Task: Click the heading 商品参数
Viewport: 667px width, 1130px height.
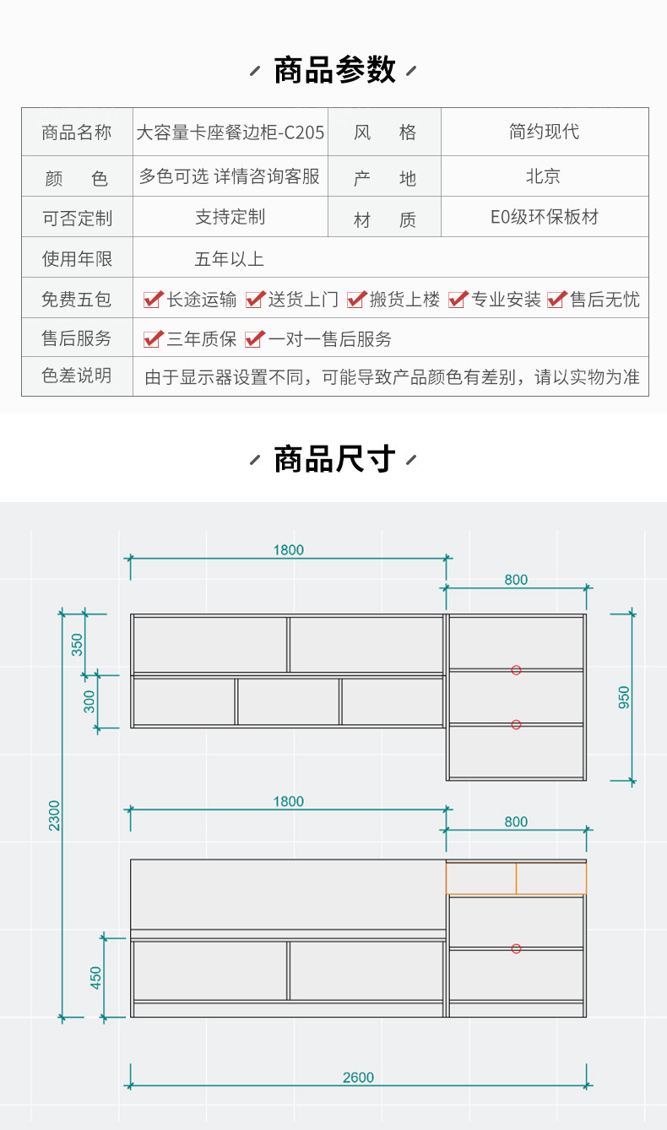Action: coord(334,70)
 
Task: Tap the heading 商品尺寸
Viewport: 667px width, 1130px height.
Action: coord(334,460)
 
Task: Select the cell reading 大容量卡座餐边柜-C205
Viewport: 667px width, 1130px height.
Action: coord(230,132)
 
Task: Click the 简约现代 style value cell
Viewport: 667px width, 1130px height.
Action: coord(544,132)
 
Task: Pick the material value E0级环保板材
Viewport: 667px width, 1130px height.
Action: coord(544,217)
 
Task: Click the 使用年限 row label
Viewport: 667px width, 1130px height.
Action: coord(77,258)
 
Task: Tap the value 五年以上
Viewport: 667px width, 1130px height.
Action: coord(230,258)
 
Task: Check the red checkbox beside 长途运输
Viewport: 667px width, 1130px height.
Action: coord(153,300)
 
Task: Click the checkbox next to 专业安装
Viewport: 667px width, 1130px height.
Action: coord(458,300)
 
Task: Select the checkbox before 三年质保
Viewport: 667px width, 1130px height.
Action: coord(153,339)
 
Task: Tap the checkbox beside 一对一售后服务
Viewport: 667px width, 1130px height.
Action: coord(254,339)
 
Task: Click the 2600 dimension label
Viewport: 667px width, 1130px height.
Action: coord(358,1078)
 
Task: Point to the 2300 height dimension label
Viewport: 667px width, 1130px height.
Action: coord(55,815)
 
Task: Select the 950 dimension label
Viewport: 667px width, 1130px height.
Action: coord(624,697)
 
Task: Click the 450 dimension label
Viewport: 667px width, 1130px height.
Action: coord(96,978)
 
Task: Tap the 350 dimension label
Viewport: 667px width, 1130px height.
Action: coord(78,644)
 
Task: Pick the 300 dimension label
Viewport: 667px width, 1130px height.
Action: coord(89,700)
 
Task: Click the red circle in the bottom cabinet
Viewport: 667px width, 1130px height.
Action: coord(516,949)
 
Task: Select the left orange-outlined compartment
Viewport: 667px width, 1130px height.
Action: coord(481,879)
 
